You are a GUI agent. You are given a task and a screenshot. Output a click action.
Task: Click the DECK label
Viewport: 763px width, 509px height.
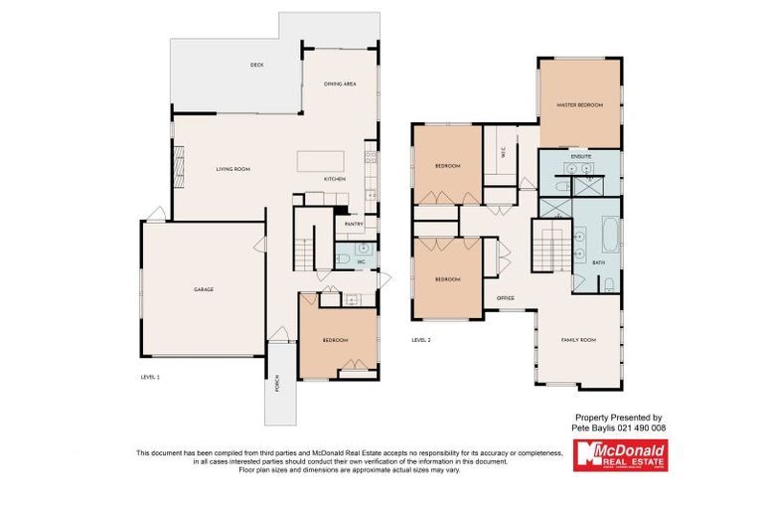coord(256,66)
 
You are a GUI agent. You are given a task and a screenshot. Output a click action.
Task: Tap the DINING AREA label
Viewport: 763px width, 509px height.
coord(340,85)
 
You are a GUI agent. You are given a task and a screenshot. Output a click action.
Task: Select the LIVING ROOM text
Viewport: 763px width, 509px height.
coord(232,170)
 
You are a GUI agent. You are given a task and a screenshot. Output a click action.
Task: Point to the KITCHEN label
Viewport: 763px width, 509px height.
coord(335,179)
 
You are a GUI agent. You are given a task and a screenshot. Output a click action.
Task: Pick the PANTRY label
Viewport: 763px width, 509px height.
coord(353,224)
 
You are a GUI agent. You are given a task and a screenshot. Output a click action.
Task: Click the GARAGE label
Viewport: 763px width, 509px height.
coord(203,289)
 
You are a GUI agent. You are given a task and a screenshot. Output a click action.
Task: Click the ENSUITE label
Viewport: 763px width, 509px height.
coord(581,157)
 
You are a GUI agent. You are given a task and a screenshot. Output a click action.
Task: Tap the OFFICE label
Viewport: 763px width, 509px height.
coord(505,297)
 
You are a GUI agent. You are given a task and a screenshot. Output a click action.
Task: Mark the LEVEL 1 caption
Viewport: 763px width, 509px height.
coord(150,378)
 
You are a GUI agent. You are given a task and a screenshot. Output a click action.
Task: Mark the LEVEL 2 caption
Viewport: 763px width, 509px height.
coord(421,340)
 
